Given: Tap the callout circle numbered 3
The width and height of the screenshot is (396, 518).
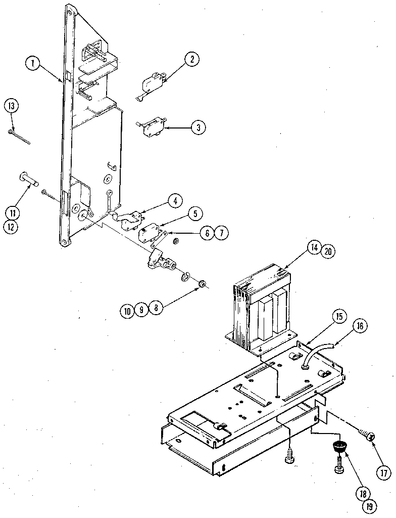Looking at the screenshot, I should tap(198, 127).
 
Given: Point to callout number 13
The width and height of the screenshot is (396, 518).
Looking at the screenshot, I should tap(11, 106).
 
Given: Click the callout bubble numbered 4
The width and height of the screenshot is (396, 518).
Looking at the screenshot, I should tap(175, 201).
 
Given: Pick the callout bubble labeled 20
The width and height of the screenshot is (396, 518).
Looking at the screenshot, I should tap(328, 250).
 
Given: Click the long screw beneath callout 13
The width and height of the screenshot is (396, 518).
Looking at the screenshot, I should tap(20, 137).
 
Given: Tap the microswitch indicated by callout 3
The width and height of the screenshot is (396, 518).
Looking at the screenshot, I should tap(151, 126).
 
